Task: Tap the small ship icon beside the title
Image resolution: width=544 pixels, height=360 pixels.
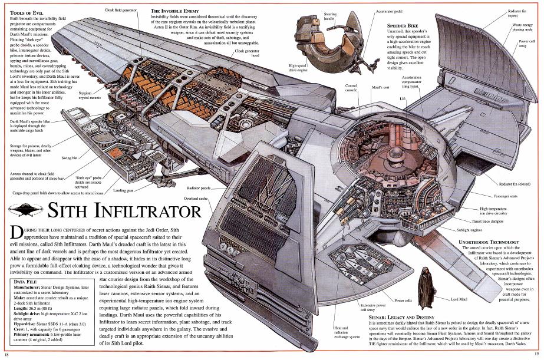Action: pos(24,209)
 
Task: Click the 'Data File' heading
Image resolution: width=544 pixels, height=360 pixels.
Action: pos(25,282)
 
